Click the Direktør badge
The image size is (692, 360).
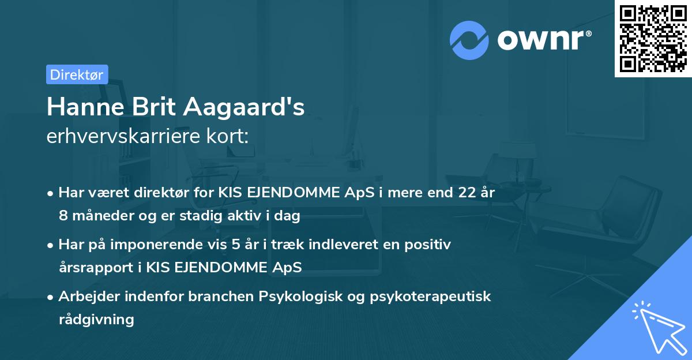click(77, 74)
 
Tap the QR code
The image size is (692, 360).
click(652, 38)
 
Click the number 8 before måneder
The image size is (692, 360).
click(63, 216)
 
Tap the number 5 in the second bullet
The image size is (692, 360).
click(238, 245)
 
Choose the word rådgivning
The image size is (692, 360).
click(96, 319)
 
